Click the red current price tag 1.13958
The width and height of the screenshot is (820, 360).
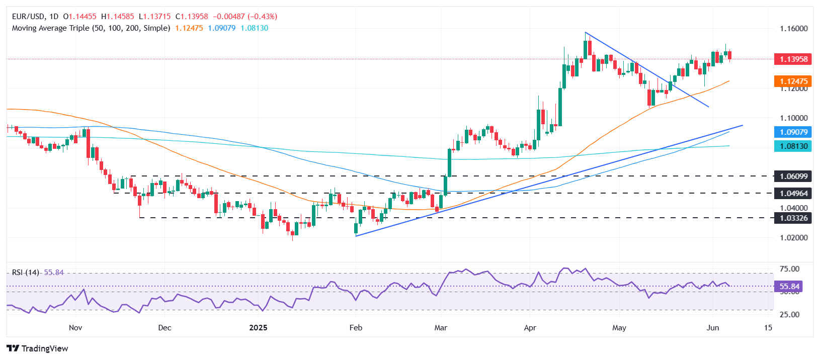(793, 59)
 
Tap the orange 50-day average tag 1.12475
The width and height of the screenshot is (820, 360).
(793, 81)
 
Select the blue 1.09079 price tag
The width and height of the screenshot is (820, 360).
(793, 132)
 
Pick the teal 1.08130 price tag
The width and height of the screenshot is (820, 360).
(793, 146)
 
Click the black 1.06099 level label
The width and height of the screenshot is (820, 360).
(793, 176)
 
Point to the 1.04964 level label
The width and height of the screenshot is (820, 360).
(793, 193)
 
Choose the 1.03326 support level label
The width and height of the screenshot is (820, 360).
(793, 218)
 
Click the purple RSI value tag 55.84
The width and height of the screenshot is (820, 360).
(789, 287)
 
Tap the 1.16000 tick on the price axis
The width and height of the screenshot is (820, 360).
(793, 29)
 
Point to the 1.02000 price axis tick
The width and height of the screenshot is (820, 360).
(793, 238)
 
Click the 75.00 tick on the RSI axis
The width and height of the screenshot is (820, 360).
(789, 269)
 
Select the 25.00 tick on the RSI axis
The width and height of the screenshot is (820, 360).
(789, 315)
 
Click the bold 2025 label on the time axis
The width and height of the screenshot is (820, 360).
(258, 328)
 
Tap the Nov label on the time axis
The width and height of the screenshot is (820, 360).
(75, 328)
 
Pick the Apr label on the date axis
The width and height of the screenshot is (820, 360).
(530, 328)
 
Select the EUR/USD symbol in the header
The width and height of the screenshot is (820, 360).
(28, 17)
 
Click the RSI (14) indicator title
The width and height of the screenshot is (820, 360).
(26, 273)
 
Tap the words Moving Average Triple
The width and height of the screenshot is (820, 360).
(50, 28)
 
